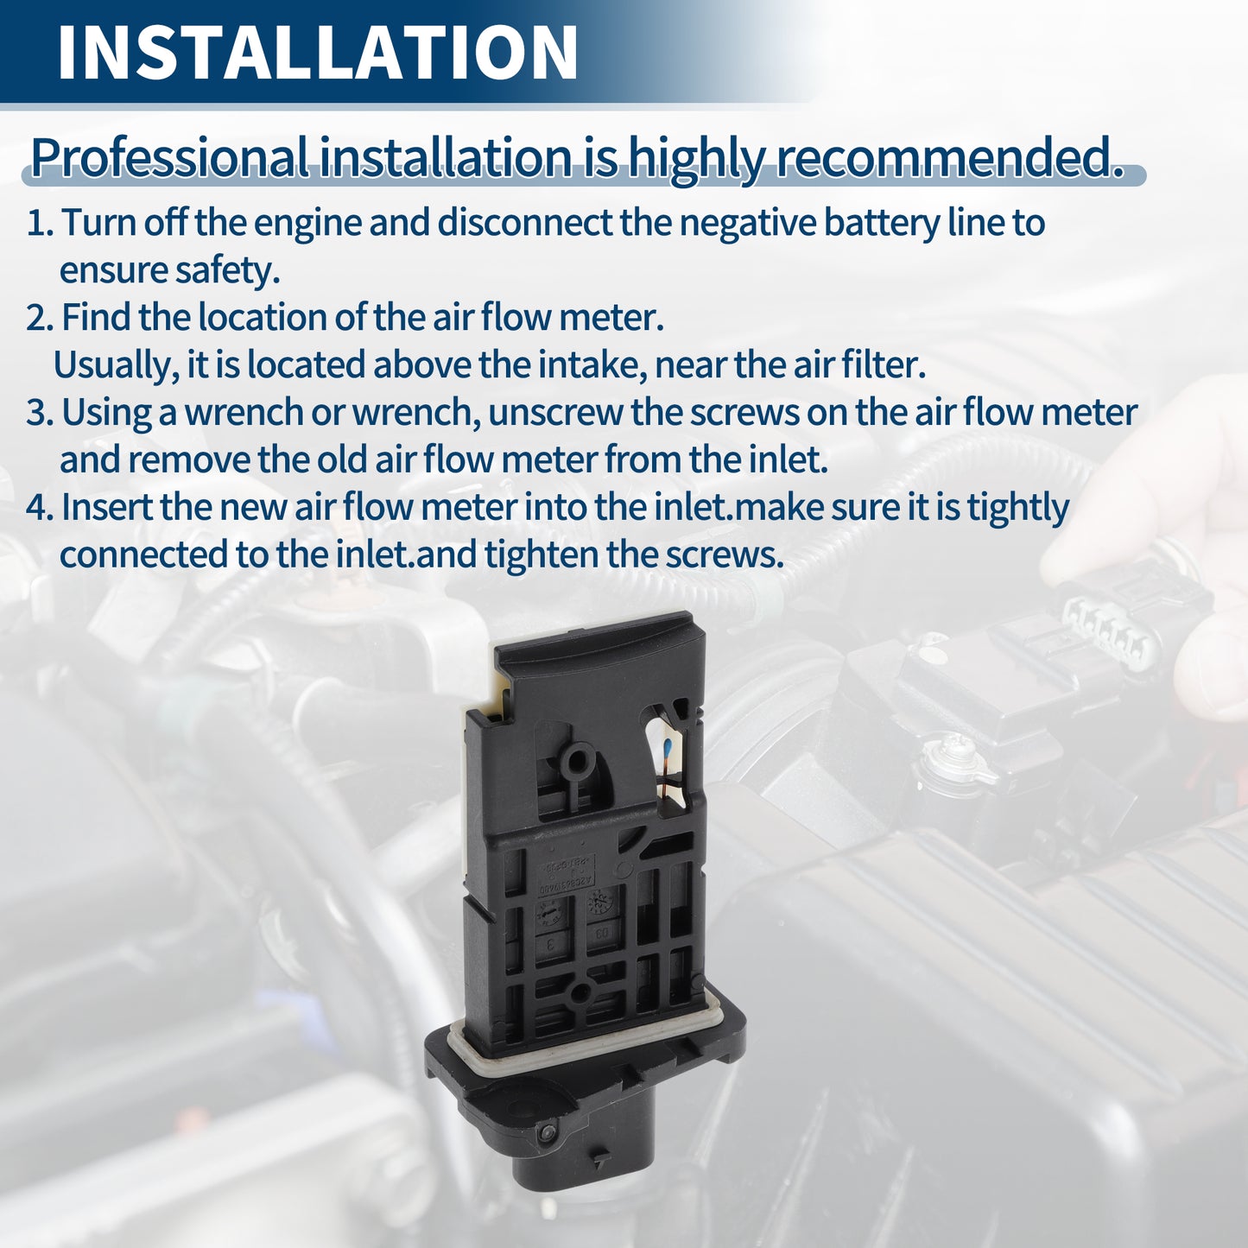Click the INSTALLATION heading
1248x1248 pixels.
click(x=317, y=53)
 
